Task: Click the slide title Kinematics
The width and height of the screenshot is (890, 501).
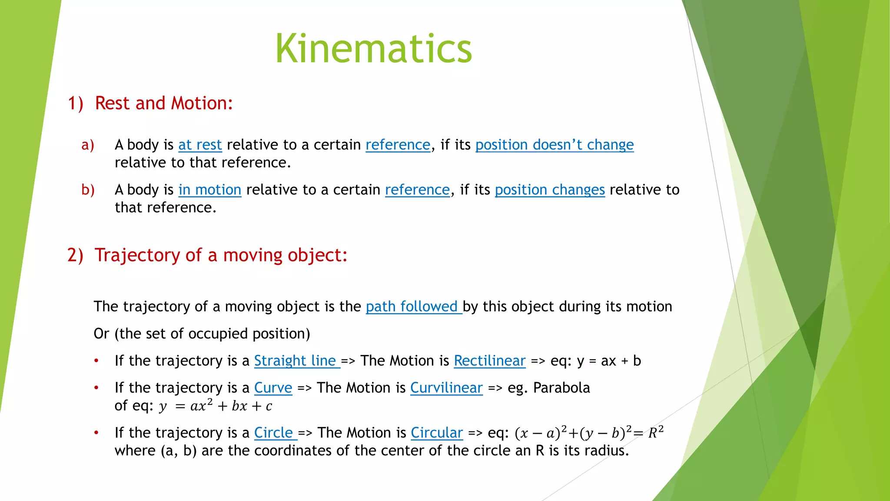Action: click(374, 49)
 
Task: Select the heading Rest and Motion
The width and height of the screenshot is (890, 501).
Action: click(164, 104)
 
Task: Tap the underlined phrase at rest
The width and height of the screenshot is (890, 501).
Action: click(200, 145)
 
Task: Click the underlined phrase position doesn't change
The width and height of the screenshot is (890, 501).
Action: click(555, 145)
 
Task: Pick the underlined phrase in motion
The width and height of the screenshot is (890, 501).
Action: click(209, 190)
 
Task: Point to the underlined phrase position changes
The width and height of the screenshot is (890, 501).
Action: click(550, 190)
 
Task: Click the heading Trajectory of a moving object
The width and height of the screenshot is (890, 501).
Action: click(221, 255)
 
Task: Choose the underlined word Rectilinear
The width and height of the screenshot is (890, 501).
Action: click(490, 361)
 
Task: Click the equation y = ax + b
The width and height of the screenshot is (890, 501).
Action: click(609, 361)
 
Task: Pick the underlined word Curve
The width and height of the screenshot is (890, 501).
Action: click(273, 388)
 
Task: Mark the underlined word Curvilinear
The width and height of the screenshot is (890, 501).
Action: click(446, 388)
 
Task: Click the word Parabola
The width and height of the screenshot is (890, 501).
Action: click(561, 388)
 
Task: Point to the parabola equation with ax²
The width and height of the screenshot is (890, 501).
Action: click(216, 406)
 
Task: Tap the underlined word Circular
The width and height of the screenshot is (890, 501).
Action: click(437, 433)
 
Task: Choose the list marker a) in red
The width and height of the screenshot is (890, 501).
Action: click(88, 145)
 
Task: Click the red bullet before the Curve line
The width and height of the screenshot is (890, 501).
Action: click(96, 387)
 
